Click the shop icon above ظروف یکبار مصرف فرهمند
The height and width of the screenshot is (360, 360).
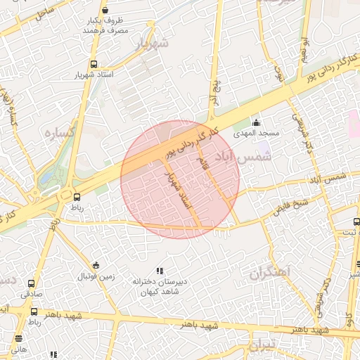click(105, 10)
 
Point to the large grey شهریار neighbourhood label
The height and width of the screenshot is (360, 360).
click(155, 43)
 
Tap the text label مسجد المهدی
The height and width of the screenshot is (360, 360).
click(261, 133)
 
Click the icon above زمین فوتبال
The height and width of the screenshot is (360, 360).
click(96, 265)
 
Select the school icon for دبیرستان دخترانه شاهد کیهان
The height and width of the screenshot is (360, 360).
click(160, 271)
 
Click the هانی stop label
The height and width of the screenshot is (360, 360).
click(19, 349)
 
